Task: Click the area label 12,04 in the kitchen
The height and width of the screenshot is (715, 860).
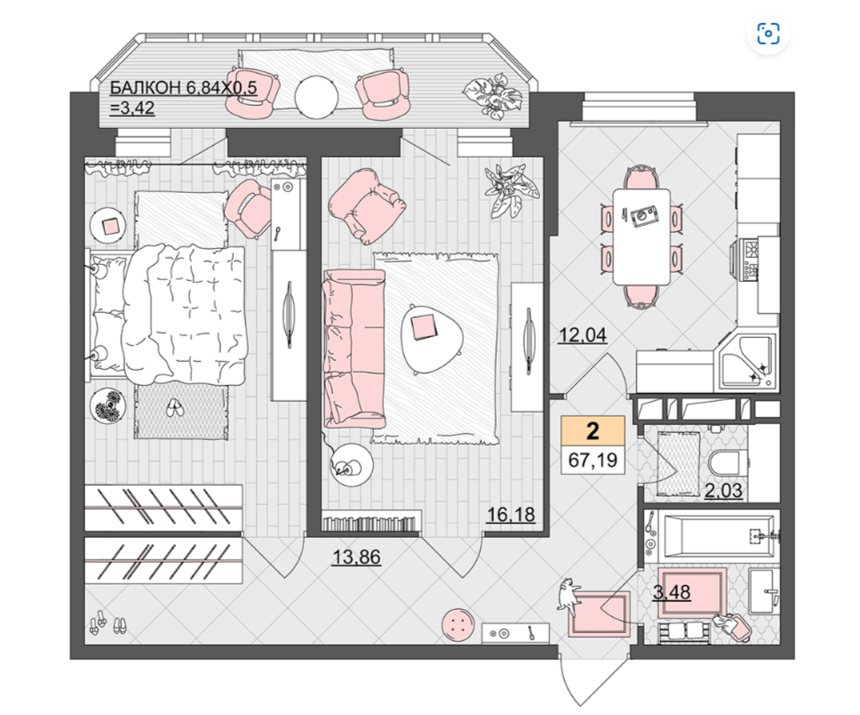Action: [583, 334]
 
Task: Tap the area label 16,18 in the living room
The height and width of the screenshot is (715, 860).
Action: [511, 515]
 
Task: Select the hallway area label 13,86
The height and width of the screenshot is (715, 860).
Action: [356, 557]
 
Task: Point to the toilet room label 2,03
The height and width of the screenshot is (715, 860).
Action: [723, 490]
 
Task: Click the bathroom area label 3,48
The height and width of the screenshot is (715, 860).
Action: [672, 592]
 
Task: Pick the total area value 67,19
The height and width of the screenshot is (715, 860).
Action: [593, 459]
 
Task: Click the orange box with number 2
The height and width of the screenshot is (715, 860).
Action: [593, 431]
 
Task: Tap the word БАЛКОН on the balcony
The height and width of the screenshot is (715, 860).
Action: [146, 88]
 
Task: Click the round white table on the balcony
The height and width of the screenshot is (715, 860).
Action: [316, 97]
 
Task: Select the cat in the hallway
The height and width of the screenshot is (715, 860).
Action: [569, 597]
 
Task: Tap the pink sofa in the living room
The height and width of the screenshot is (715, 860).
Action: [353, 349]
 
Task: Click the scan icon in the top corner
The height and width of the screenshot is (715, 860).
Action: [768, 34]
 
